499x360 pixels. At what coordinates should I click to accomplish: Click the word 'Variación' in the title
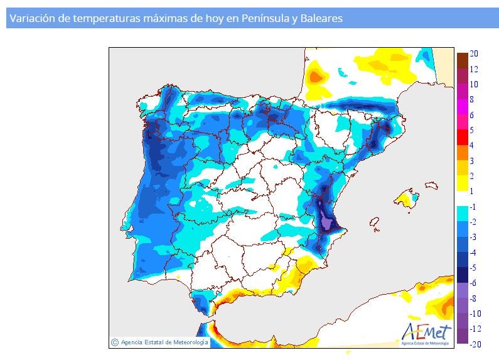30,19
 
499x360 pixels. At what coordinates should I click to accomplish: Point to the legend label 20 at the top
475,54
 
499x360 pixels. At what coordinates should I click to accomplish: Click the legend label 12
475,69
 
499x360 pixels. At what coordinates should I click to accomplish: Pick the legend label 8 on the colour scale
472,99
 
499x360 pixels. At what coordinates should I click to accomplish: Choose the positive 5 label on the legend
472,130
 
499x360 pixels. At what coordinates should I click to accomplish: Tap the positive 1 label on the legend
472,191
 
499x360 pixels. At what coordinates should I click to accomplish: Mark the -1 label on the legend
475,207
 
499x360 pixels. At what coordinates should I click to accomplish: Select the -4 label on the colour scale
475,253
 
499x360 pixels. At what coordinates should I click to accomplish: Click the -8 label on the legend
475,298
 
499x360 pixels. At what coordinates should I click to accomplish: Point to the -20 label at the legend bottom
476,344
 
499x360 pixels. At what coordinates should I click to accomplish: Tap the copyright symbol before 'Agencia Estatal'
114,342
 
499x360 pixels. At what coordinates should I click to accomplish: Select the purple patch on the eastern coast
326,220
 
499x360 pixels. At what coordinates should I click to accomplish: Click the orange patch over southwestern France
317,77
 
